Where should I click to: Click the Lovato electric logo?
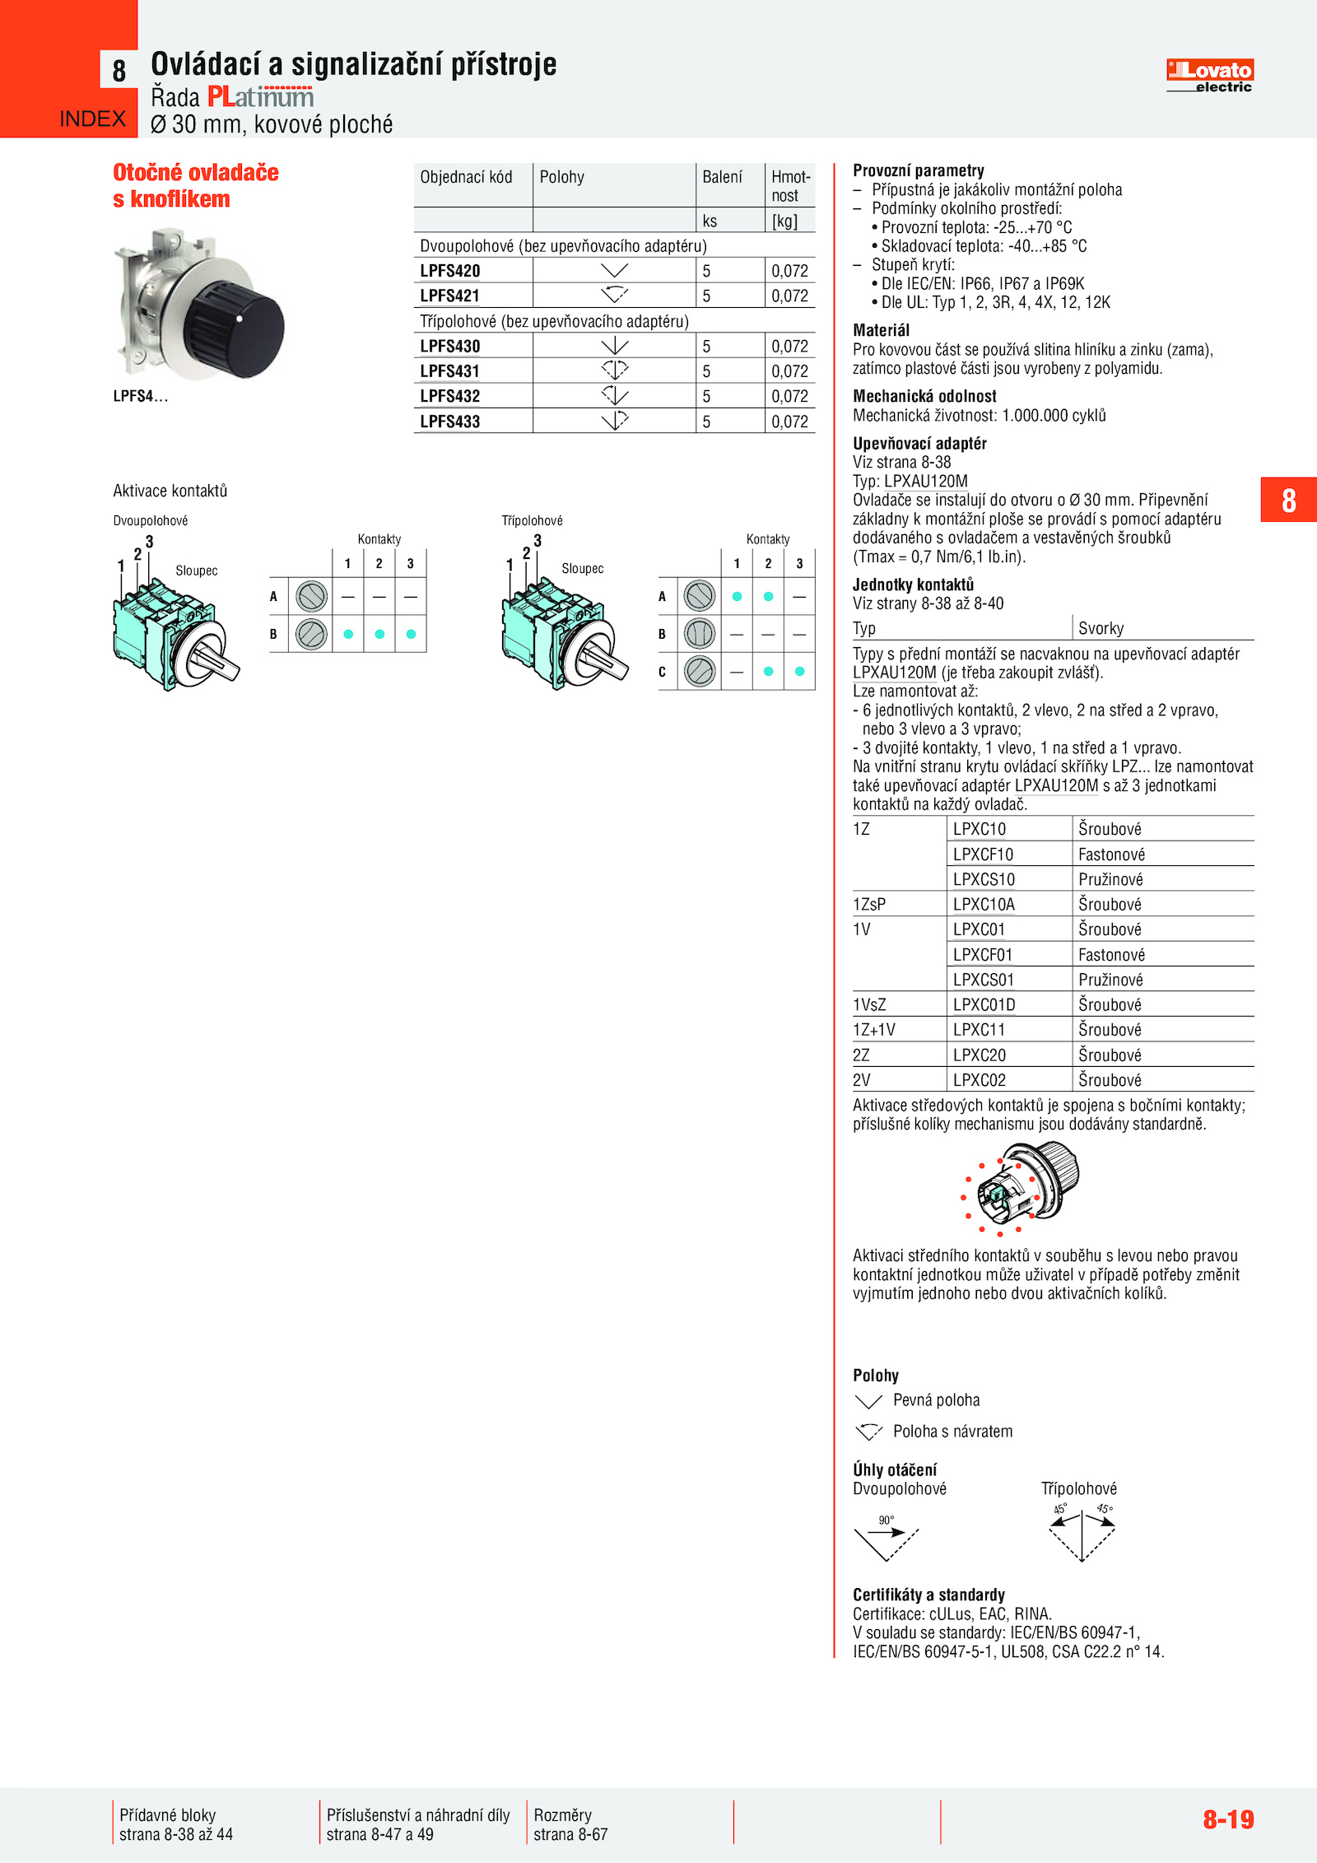click(x=1209, y=76)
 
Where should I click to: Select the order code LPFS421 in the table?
click(x=449, y=296)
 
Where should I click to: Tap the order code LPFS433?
click(x=449, y=422)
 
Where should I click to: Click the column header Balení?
click(x=722, y=177)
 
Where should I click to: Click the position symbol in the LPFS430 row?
click(x=614, y=347)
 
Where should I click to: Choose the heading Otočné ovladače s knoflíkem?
click(x=196, y=185)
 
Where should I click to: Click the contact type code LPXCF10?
click(x=983, y=855)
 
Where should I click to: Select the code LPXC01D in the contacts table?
click(x=984, y=1004)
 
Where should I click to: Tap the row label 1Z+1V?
click(x=873, y=1030)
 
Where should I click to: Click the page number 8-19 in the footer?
click(x=1228, y=1819)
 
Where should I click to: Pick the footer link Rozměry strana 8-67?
click(x=570, y=1824)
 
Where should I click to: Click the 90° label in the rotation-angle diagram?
click(x=886, y=1520)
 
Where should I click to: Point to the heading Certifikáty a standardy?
click(x=928, y=1595)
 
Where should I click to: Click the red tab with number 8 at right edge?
click(x=1288, y=500)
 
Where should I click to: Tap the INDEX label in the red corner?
click(x=92, y=119)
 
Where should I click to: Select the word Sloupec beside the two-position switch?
click(x=196, y=571)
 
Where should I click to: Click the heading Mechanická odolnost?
click(x=924, y=396)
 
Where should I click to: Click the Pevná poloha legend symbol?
click(x=868, y=1400)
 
